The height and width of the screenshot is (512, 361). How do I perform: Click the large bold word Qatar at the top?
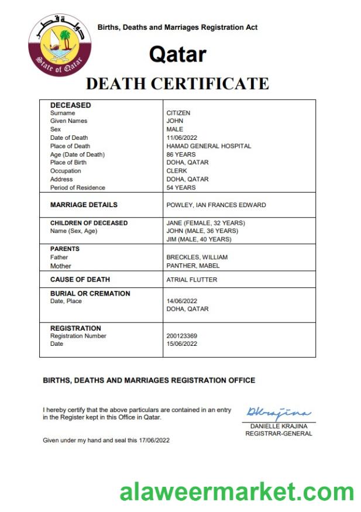[177, 54]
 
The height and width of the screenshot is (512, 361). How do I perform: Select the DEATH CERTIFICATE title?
[177, 84]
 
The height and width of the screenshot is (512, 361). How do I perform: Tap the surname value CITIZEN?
[178, 113]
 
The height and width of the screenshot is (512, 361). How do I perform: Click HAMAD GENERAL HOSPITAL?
[209, 146]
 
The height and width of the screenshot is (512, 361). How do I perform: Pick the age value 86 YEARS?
[181, 154]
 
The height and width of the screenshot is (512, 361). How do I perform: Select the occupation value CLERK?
[177, 171]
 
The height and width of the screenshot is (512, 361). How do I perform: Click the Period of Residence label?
[78, 188]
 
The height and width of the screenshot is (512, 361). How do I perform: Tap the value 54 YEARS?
[181, 188]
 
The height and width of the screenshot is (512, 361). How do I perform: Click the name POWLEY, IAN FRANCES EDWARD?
[216, 205]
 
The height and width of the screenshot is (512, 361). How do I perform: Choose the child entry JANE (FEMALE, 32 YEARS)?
[206, 223]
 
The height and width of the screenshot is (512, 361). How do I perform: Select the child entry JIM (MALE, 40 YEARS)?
[199, 239]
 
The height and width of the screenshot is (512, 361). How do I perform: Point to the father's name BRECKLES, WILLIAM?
[197, 257]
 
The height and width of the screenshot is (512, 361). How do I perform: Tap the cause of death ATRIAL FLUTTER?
[192, 280]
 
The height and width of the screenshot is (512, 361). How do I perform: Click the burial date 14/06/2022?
[182, 301]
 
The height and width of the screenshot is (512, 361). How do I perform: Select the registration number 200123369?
[182, 336]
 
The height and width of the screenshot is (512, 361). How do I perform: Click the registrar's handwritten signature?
[279, 413]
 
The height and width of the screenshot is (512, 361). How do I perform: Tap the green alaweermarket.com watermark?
[237, 492]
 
